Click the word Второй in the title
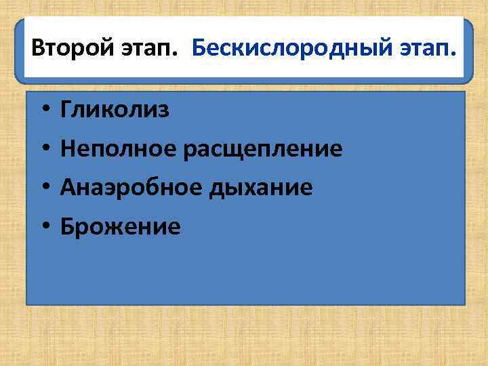[x=70, y=49]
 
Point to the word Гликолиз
[x=115, y=110]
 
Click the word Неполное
[x=119, y=148]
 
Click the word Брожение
[x=120, y=226]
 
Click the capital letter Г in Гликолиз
[x=66, y=109]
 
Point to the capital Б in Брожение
[x=66, y=226]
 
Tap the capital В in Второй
[x=38, y=49]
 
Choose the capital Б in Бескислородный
[x=199, y=49]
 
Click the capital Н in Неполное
[x=67, y=148]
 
